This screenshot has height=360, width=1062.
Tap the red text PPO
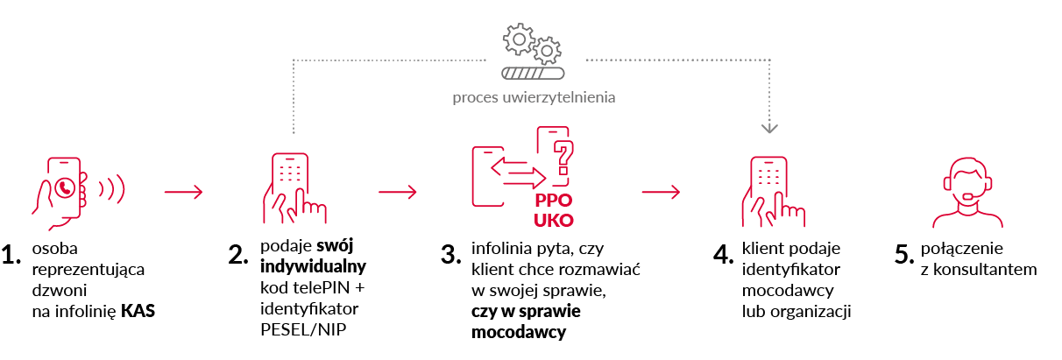click(x=553, y=200)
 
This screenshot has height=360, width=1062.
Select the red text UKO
click(x=554, y=220)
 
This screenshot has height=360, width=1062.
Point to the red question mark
click(x=563, y=154)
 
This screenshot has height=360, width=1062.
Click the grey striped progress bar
click(x=532, y=74)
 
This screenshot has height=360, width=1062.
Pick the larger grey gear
click(x=518, y=39)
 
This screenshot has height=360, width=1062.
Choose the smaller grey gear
click(x=548, y=51)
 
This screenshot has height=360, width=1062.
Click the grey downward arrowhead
click(x=769, y=127)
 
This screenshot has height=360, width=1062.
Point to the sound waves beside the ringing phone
click(x=111, y=187)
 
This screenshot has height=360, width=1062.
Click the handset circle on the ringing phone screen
click(x=64, y=187)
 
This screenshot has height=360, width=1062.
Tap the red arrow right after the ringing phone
click(x=183, y=193)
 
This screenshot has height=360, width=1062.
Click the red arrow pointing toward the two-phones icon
click(x=397, y=193)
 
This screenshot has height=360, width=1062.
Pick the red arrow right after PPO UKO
click(x=660, y=193)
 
